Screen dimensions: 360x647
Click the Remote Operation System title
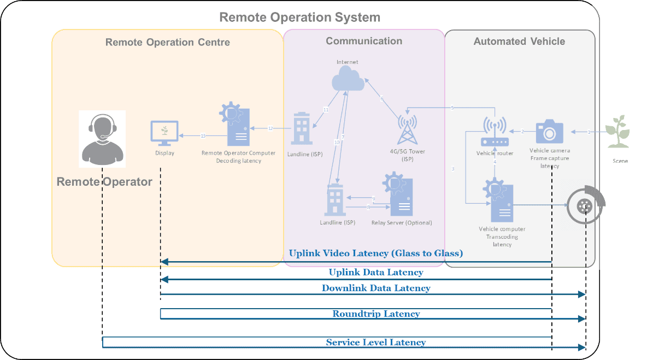pyautogui.click(x=299, y=17)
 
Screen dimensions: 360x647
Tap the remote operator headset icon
pyautogui.click(x=102, y=139)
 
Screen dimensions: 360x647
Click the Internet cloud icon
pyautogui.click(x=348, y=80)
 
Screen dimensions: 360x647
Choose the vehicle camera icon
pyautogui.click(x=549, y=132)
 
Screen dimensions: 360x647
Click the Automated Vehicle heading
pyautogui.click(x=519, y=42)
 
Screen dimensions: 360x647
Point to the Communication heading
pyautogui.click(x=364, y=41)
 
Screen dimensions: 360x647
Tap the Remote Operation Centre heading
pyautogui.click(x=167, y=42)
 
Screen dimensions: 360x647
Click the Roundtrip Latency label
pyautogui.click(x=376, y=314)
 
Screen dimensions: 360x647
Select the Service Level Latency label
pyautogui.click(x=375, y=343)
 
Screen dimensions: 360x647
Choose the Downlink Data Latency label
pyautogui.click(x=376, y=288)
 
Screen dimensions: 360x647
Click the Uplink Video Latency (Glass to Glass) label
pyautogui.click(x=375, y=253)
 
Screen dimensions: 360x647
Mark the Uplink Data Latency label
pyautogui.click(x=376, y=272)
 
